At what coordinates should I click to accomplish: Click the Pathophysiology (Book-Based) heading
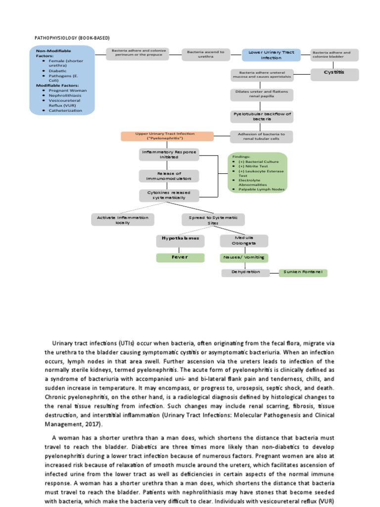(71, 38)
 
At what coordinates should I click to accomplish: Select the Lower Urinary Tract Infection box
(271, 54)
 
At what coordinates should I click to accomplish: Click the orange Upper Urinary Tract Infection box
(167, 136)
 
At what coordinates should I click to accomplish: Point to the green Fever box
(180, 257)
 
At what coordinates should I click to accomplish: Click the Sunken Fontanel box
(303, 272)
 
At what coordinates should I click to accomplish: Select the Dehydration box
(245, 272)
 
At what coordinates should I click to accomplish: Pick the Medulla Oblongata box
(243, 241)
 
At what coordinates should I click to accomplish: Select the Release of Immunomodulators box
(169, 176)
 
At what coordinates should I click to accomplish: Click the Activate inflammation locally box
(123, 220)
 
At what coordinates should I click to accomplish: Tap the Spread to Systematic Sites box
(213, 220)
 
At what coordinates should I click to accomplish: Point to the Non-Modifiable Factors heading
(53, 53)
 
